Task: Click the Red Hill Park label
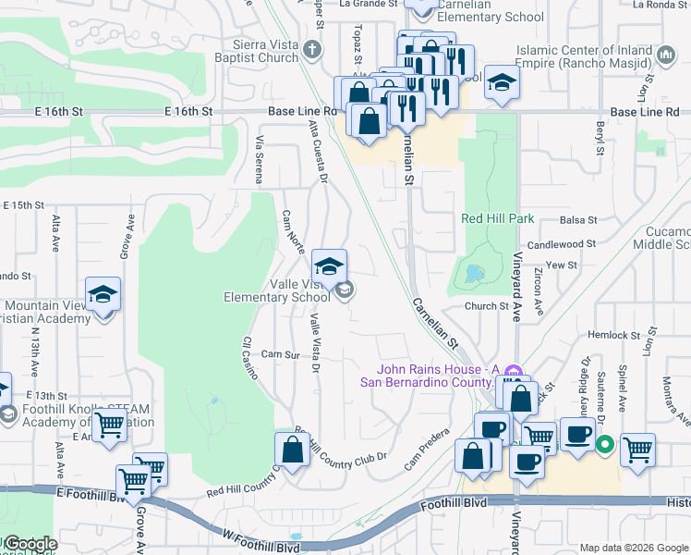498,219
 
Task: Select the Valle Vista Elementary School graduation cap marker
329,268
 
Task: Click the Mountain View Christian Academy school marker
103,296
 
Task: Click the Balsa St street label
579,220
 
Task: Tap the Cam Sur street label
281,354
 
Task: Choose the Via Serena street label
259,158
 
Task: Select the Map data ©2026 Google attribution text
634,548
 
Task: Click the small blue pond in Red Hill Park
472,273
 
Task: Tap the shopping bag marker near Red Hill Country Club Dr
292,452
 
